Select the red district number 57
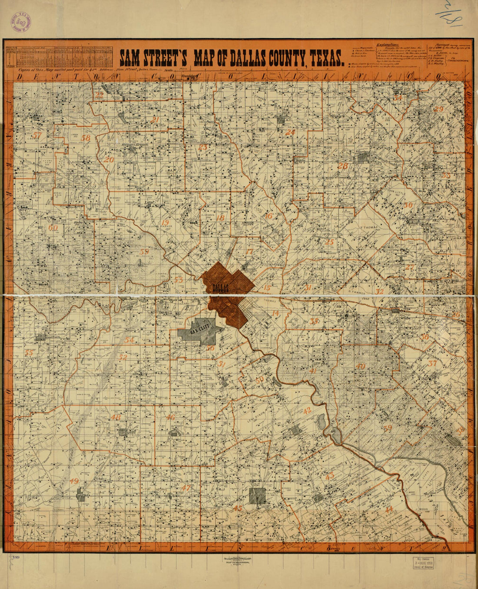(37, 135)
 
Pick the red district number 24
(290, 133)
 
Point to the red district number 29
(438, 109)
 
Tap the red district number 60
(53, 227)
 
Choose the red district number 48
(116, 417)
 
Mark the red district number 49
(74, 481)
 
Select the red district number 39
(388, 428)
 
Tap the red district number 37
(432, 364)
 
